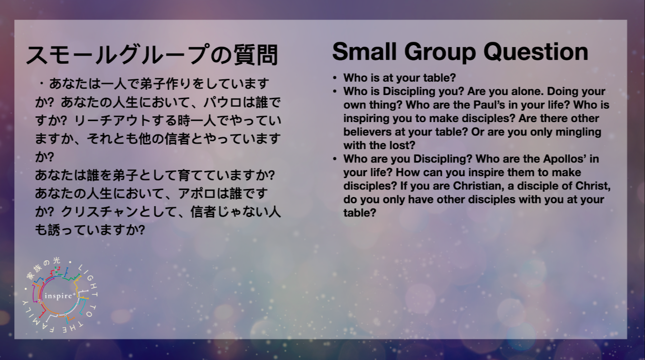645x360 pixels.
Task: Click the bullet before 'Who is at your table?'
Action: (x=335, y=78)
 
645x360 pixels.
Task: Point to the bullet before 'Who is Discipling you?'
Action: (x=335, y=91)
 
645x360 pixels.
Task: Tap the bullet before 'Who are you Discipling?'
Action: (x=335, y=159)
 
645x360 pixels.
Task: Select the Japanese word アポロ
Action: (x=197, y=193)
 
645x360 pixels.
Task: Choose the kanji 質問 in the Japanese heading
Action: (x=255, y=55)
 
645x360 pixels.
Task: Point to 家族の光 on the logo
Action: (x=43, y=268)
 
